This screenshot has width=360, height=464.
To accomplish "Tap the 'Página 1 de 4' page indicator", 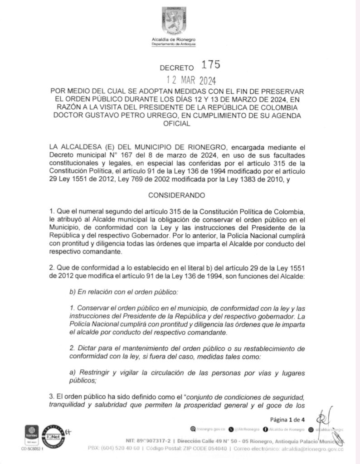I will [287, 419].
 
